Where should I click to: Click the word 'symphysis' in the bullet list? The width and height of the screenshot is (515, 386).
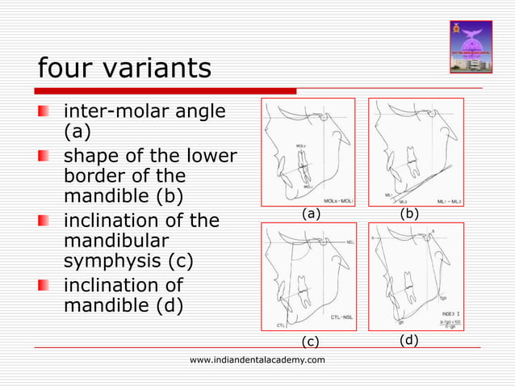pyautogui.click(x=113, y=262)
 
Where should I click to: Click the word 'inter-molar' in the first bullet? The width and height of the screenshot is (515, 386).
pyautogui.click(x=112, y=110)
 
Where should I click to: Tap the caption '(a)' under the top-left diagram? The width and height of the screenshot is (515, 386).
pyautogui.click(x=310, y=214)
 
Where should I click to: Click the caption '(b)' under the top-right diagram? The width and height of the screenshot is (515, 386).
pyautogui.click(x=409, y=214)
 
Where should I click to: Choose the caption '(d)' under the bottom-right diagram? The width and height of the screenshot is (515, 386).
pyautogui.click(x=409, y=340)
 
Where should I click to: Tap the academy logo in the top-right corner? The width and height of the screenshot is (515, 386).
pyautogui.click(x=469, y=44)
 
